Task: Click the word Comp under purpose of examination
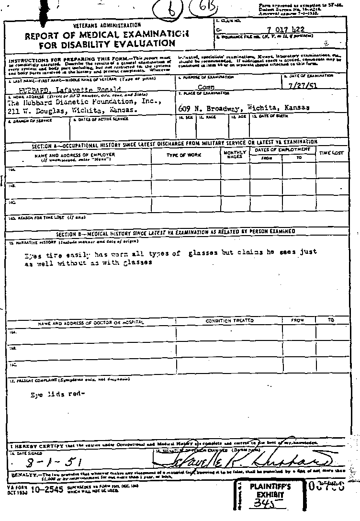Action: (x=206, y=88)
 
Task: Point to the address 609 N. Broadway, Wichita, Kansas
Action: (x=244, y=108)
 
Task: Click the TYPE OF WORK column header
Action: (x=184, y=155)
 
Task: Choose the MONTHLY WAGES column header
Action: (x=235, y=154)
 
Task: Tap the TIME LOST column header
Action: (x=331, y=153)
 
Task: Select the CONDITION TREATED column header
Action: (x=230, y=321)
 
